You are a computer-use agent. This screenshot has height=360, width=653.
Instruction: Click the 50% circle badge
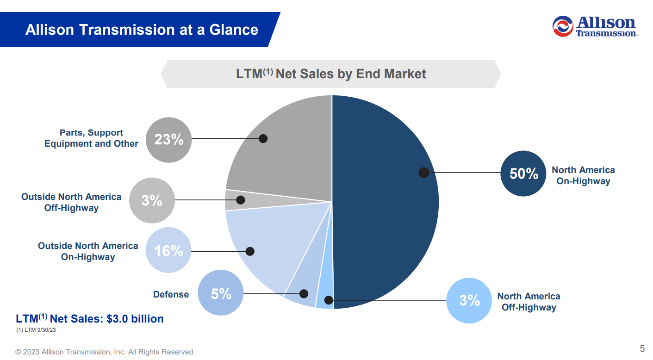pos(523,174)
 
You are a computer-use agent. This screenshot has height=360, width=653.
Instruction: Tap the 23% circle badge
pos(168,140)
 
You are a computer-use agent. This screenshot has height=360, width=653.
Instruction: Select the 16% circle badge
pos(168,250)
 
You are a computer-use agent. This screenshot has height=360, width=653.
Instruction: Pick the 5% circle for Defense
pos(221,293)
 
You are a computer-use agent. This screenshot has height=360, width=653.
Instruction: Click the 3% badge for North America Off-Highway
pos(469,300)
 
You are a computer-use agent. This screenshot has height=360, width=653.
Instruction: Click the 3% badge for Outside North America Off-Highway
pos(152,200)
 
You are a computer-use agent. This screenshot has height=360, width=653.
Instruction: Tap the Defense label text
pos(171,294)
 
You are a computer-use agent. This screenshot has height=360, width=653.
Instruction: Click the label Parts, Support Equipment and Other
pos(91,138)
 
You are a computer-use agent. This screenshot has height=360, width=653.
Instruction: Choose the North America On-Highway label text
pos(583,175)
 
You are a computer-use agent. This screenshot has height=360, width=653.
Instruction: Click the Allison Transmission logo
pos(595,26)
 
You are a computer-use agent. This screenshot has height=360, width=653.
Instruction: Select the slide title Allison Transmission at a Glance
pos(142,30)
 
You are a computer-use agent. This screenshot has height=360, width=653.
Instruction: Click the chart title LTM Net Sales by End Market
pos(331,74)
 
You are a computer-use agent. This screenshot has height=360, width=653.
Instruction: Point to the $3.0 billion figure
pos(135,319)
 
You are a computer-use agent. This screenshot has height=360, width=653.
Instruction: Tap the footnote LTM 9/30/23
pos(36,330)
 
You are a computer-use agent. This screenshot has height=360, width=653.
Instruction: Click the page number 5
pos(642,348)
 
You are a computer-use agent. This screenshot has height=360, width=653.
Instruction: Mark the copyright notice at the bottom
pos(106,352)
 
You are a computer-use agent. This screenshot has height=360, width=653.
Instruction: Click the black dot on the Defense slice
pos(304,294)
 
